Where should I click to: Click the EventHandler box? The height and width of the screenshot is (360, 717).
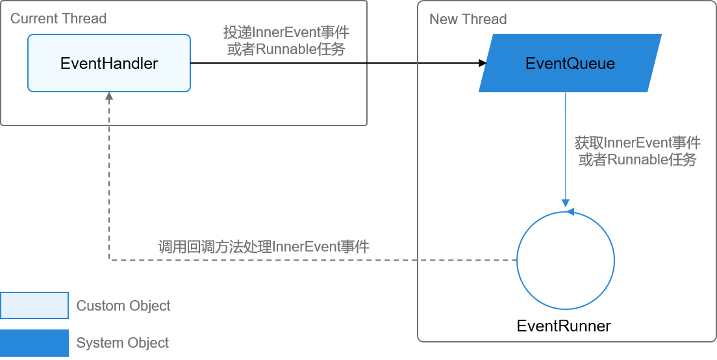(x=109, y=63)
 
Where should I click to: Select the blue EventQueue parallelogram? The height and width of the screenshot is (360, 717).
(x=570, y=63)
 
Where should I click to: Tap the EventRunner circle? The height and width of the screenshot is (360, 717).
(x=517, y=261)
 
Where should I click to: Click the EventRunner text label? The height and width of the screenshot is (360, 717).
(x=563, y=326)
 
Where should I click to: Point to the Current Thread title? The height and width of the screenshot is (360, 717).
(x=58, y=19)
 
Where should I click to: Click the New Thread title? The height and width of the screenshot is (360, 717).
(x=468, y=19)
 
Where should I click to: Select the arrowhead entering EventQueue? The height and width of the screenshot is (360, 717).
(x=483, y=63)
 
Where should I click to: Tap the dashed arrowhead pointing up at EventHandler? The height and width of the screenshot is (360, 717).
(x=109, y=97)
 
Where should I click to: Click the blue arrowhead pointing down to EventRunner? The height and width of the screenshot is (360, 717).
(x=565, y=203)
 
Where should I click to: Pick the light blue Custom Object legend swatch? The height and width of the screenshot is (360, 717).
(x=34, y=305)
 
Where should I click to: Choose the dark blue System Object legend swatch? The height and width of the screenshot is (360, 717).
(x=34, y=342)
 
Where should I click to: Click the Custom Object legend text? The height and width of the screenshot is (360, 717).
(x=123, y=305)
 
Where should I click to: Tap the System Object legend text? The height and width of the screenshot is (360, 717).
(x=123, y=342)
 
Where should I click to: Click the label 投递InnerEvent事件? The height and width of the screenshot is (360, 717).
(x=286, y=32)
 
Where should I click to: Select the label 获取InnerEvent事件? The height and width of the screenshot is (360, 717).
(x=637, y=143)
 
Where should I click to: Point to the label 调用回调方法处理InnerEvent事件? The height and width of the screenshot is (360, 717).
(x=264, y=247)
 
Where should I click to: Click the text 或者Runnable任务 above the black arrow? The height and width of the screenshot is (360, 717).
(x=286, y=49)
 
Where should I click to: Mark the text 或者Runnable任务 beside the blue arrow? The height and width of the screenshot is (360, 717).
(x=637, y=160)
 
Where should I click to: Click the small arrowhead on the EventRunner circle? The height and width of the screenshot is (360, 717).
(x=570, y=212)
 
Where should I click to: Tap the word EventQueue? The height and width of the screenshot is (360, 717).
(x=570, y=63)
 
